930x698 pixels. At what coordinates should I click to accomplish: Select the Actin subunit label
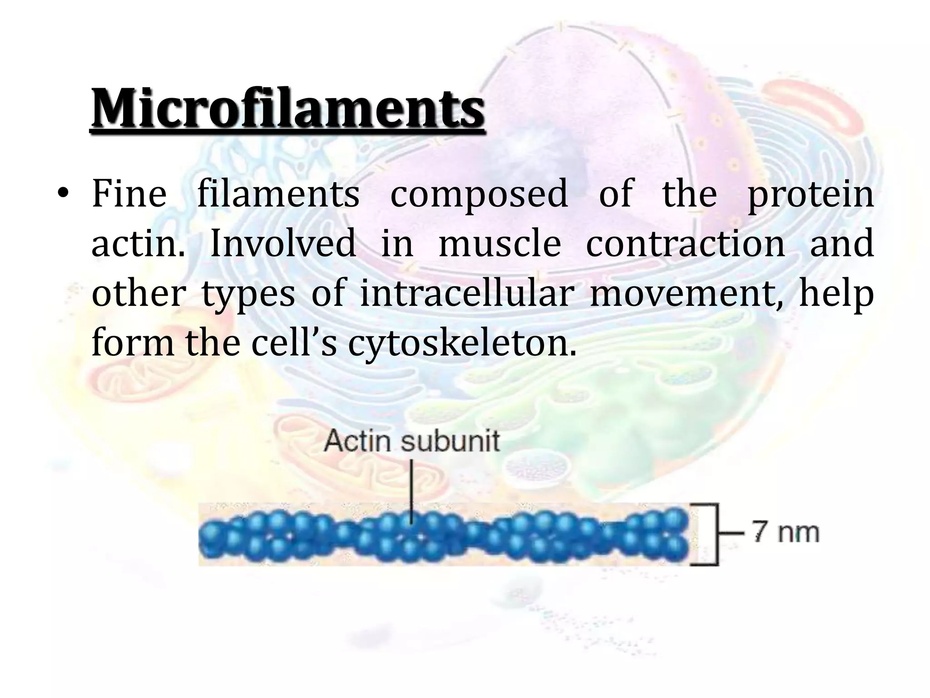[412, 441]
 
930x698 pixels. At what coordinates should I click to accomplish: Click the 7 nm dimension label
[786, 532]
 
